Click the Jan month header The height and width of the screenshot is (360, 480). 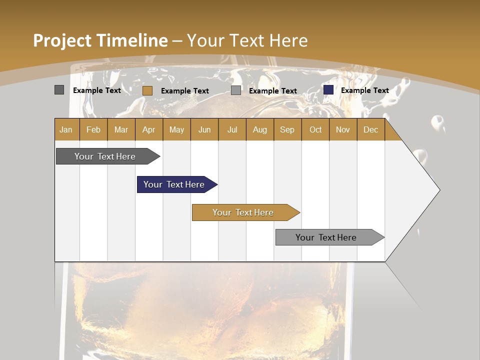pyautogui.click(x=66, y=129)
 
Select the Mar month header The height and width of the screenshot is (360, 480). pyautogui.click(x=121, y=129)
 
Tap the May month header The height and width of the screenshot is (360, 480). pyautogui.click(x=176, y=129)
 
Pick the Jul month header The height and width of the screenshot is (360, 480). pyautogui.click(x=232, y=129)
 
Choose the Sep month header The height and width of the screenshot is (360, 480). pyautogui.click(x=287, y=129)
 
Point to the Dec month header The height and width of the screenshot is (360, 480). pyautogui.click(x=370, y=129)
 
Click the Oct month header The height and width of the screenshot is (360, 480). pyautogui.click(x=315, y=129)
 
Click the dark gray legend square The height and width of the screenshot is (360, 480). pyautogui.click(x=59, y=90)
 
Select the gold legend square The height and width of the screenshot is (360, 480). pyautogui.click(x=147, y=90)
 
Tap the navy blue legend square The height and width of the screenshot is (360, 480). pyautogui.click(x=328, y=90)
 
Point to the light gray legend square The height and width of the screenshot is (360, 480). pyautogui.click(x=236, y=90)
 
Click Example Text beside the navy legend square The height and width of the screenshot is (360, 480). pyautogui.click(x=364, y=90)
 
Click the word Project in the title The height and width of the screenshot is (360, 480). pyautogui.click(x=62, y=40)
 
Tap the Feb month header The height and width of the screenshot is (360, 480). pyautogui.click(x=93, y=129)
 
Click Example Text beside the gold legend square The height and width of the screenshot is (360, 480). pyautogui.click(x=184, y=90)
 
